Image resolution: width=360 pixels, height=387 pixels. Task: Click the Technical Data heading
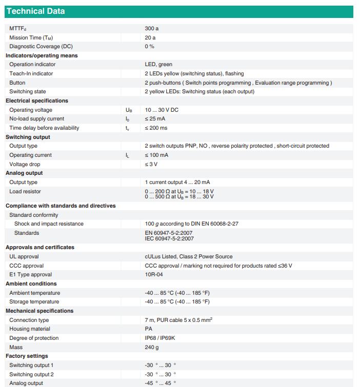point(35,11)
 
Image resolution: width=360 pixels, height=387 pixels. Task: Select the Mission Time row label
point(31,37)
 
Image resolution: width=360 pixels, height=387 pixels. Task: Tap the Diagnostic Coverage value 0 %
point(150,47)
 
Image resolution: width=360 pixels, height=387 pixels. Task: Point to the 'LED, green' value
point(158,65)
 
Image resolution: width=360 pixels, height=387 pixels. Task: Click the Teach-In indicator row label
point(31,74)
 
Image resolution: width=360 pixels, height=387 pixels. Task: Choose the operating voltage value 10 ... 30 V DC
point(162,110)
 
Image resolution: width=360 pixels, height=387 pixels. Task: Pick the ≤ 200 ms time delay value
point(156,128)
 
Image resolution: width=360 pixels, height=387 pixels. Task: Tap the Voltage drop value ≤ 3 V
point(151,164)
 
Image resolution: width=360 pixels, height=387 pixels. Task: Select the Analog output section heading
point(24,173)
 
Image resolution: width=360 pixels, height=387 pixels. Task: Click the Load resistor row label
point(25,192)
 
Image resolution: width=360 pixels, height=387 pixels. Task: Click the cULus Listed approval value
point(188,256)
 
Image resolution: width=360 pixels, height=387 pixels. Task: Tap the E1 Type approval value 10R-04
point(154,275)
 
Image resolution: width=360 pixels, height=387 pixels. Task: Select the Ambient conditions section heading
point(31,283)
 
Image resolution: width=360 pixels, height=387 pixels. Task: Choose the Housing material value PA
point(149,329)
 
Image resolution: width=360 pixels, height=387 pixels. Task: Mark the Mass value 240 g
point(152,347)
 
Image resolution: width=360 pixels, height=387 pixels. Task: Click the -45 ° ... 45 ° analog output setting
point(160,383)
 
